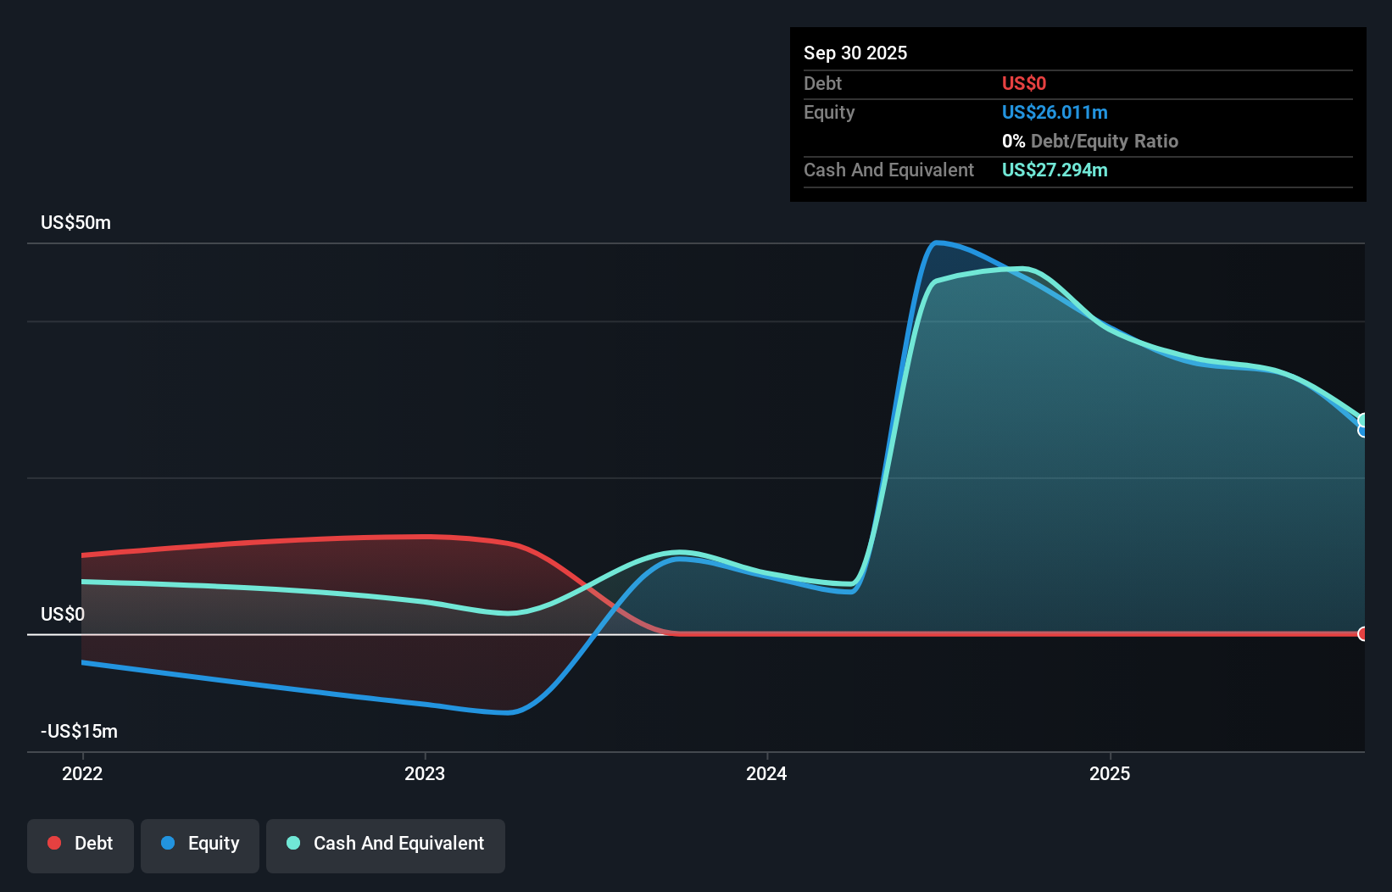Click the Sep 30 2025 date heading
tap(855, 53)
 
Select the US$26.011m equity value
tap(1054, 112)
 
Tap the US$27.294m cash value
tap(1054, 170)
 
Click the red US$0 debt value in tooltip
tap(1023, 83)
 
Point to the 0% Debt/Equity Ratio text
tap(1089, 141)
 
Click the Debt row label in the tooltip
tap(822, 83)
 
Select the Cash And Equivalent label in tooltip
tap(888, 170)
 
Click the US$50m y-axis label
tap(75, 222)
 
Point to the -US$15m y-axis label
tap(79, 731)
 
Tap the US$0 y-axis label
tap(63, 614)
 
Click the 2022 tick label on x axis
tap(82, 773)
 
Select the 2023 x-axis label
tap(425, 773)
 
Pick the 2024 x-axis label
tap(766, 773)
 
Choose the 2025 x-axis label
tap(1110, 773)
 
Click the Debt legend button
tap(81, 843)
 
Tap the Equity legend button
tap(200, 843)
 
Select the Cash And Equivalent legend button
tap(386, 843)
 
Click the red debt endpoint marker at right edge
tap(1362, 633)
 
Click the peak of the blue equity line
tap(936, 243)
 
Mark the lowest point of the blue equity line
tap(507, 712)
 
